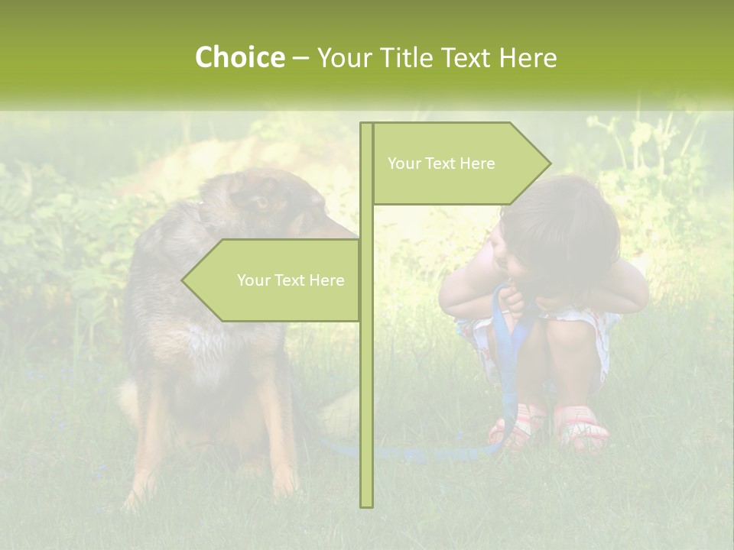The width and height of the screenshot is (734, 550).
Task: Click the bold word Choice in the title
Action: pyautogui.click(x=239, y=58)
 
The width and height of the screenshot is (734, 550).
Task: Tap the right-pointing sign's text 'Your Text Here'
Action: pyautogui.click(x=441, y=163)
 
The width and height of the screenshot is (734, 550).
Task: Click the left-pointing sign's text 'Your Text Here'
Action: pyautogui.click(x=291, y=280)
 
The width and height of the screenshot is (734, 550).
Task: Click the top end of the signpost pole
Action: pyautogui.click(x=366, y=125)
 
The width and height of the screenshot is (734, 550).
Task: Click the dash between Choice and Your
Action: pyautogui.click(x=300, y=58)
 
